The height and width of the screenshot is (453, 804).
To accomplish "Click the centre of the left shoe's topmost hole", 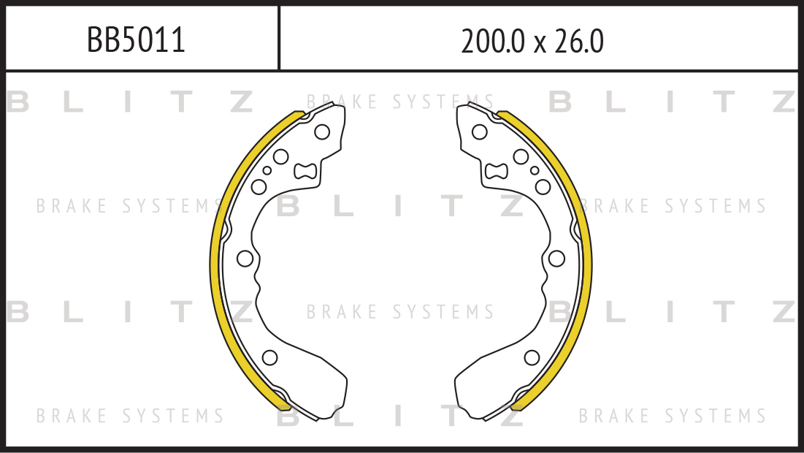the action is pyautogui.click(x=322, y=132).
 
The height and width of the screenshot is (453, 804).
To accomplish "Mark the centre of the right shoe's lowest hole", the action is pyautogui.click(x=532, y=357).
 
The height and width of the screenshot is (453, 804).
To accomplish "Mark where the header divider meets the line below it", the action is pyautogui.click(x=279, y=70).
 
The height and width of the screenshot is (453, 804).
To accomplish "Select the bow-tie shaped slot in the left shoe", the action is pyautogui.click(x=305, y=171).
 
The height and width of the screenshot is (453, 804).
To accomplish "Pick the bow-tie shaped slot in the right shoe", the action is pyautogui.click(x=497, y=171).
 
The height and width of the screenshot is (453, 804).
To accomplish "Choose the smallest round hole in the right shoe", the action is pyautogui.click(x=535, y=170).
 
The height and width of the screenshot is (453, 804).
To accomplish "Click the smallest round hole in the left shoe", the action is pyautogui.click(x=267, y=170).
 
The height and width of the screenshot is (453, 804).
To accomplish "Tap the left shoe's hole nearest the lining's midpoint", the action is pyautogui.click(x=245, y=259).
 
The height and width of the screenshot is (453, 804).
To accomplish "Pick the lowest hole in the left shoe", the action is pyautogui.click(x=269, y=357).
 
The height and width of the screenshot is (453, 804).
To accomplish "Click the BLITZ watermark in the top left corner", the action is pyautogui.click(x=130, y=102).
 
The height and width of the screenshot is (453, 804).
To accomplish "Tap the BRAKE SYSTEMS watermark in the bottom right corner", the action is pyautogui.click(x=673, y=415).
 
